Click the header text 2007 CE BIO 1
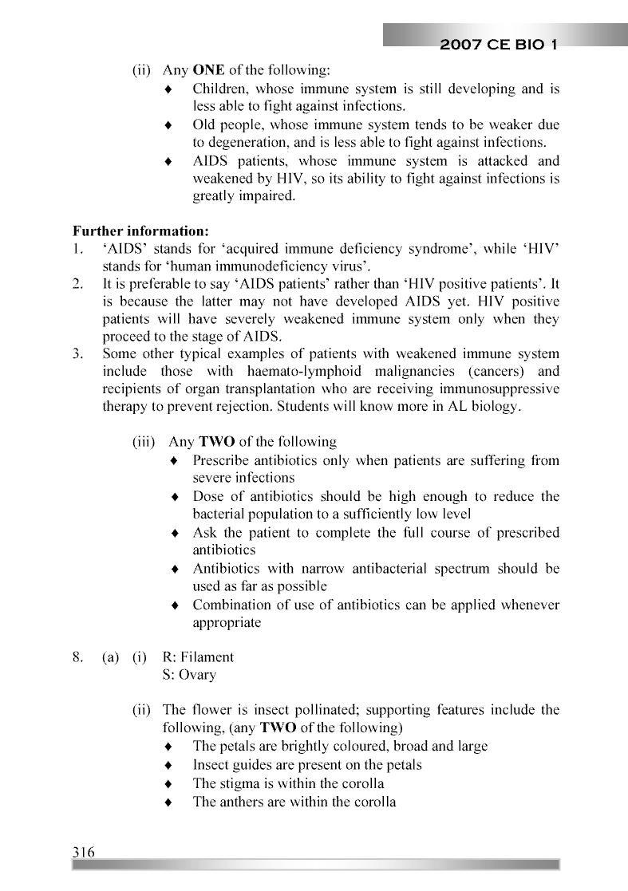point(498,45)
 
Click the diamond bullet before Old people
point(168,125)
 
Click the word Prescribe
point(223,460)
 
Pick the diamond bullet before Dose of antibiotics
point(176,497)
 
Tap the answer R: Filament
point(198,657)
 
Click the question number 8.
point(77,657)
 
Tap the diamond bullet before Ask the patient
point(176,533)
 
